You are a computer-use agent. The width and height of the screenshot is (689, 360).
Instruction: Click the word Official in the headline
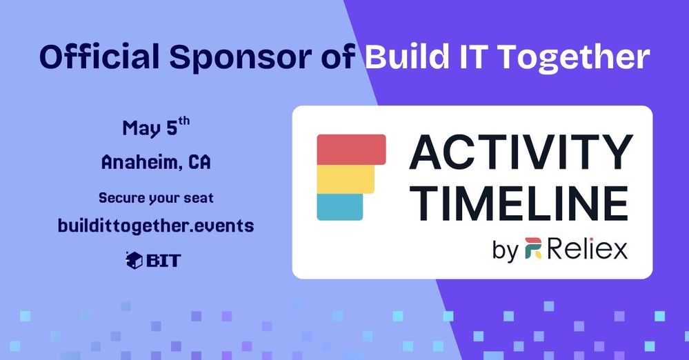pos(99,57)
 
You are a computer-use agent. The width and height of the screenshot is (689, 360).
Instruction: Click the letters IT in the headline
pos(470,57)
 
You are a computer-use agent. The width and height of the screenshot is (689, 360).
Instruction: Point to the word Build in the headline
pos(406,57)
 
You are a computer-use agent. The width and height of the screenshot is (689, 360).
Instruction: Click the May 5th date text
pos(156,128)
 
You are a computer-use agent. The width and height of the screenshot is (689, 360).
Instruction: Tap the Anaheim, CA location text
pos(156,163)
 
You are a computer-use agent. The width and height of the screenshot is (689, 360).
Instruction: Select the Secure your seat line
pos(156,198)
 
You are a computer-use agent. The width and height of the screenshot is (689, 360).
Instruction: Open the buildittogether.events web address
pos(156,226)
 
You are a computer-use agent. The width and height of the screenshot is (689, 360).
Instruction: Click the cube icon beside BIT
pos(134,260)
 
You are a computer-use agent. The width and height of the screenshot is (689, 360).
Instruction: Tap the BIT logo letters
pos(163,261)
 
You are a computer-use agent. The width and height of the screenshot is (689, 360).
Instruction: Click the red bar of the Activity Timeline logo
pos(352,150)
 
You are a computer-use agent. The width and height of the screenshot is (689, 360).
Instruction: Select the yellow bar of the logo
pos(346,179)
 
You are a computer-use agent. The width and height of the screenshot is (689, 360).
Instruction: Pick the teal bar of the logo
pos(339,207)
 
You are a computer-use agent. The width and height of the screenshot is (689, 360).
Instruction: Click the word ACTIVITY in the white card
pos(521,152)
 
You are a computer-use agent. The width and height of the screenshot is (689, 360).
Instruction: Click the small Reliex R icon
pos(533,248)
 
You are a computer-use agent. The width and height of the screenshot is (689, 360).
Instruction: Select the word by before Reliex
pos(506,250)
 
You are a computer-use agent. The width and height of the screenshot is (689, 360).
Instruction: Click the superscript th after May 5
pos(184,121)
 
